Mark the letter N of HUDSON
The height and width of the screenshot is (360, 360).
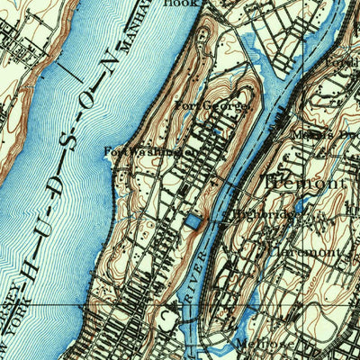(x=110, y=63)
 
